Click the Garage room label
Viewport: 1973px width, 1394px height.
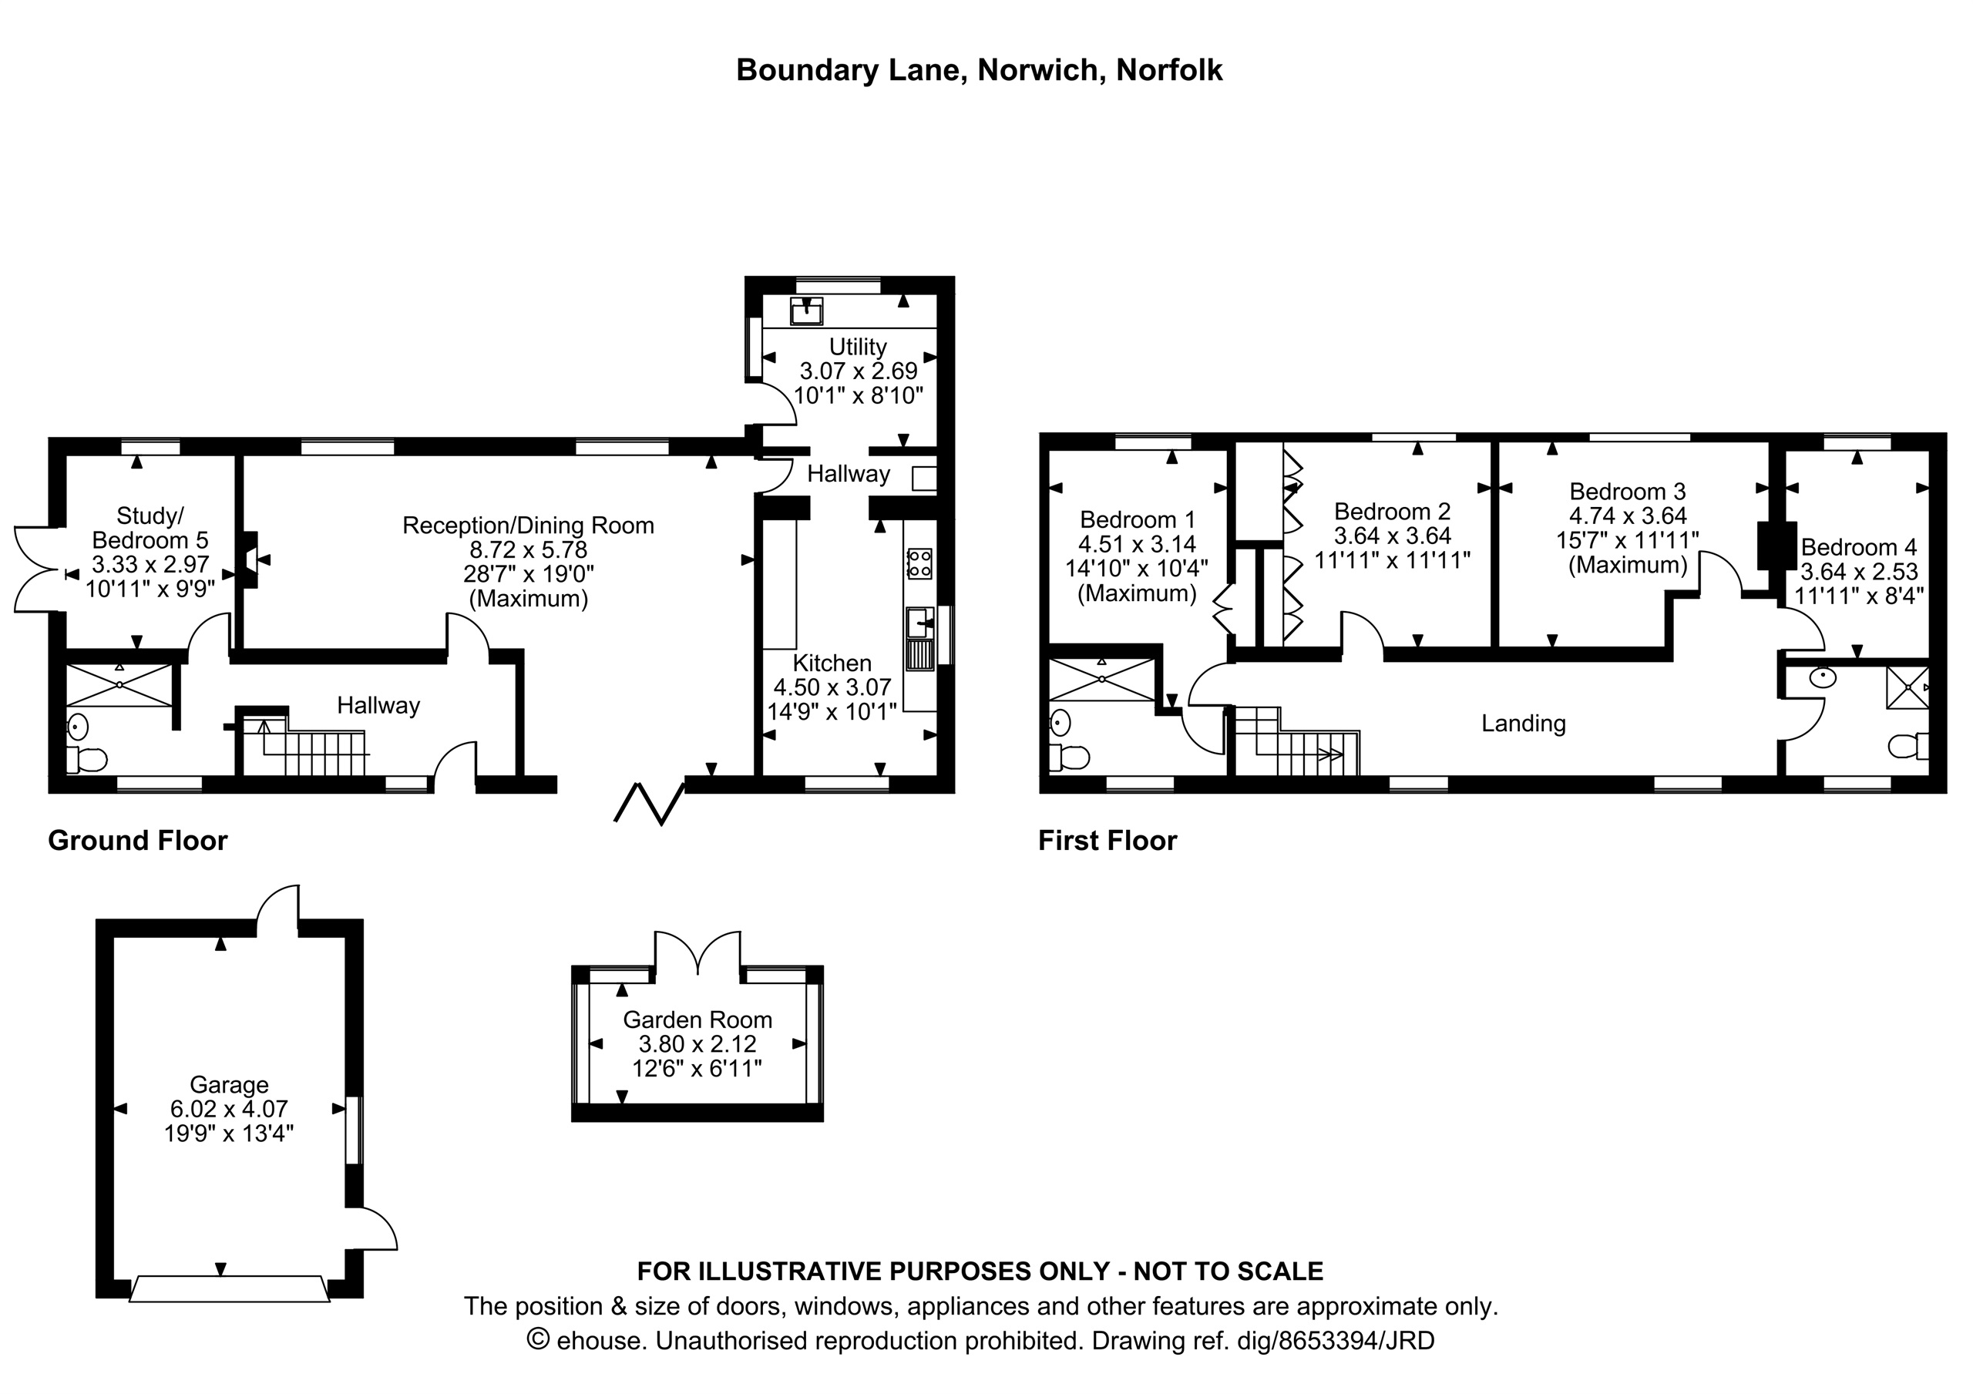click(x=229, y=1084)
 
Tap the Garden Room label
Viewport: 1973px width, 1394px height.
click(x=697, y=1019)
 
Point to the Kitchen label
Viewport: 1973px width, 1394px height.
click(x=832, y=663)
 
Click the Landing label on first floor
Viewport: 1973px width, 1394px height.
click(x=1524, y=724)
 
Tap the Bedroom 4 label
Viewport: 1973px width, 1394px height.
click(x=1859, y=546)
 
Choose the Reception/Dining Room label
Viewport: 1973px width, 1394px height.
click(x=529, y=525)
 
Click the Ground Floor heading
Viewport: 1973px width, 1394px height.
click(x=137, y=840)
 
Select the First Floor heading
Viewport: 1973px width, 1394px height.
click(x=1107, y=840)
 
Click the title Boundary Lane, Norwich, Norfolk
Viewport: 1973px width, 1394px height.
click(x=979, y=69)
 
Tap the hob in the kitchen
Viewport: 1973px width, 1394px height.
click(x=919, y=564)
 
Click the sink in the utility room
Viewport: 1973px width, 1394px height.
click(x=807, y=311)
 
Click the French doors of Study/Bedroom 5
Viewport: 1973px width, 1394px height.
click(x=36, y=569)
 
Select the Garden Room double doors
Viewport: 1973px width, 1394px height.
click(x=697, y=953)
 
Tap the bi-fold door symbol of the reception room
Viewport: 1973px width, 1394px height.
click(x=649, y=804)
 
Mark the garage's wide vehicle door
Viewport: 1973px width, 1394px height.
click(x=230, y=1289)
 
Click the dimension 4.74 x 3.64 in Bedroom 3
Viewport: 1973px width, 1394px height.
click(x=1628, y=516)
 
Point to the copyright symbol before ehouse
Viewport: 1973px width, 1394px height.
click(x=538, y=1340)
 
